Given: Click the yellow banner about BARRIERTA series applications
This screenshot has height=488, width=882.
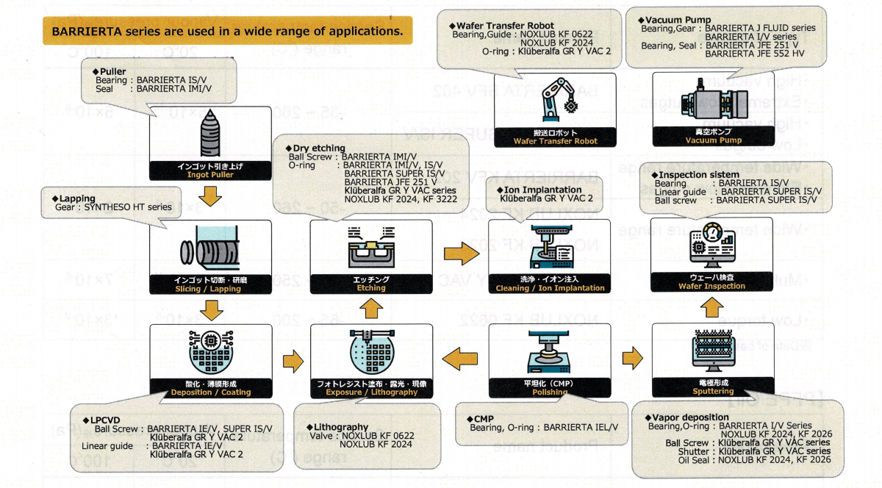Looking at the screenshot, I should click(227, 32).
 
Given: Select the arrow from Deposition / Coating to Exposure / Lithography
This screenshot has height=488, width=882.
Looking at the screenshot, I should click(293, 360).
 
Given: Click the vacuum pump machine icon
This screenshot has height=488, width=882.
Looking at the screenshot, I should click(705, 104).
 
